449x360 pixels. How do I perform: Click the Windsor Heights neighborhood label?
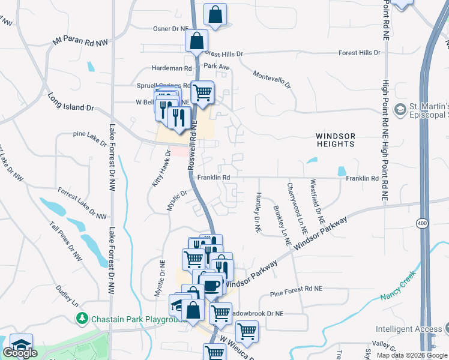pyautogui.click(x=336, y=140)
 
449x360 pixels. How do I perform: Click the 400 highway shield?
pyautogui.click(x=424, y=223)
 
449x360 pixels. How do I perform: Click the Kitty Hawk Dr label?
pyautogui.click(x=161, y=174)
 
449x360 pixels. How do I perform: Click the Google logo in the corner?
pyautogui.click(x=20, y=353)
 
